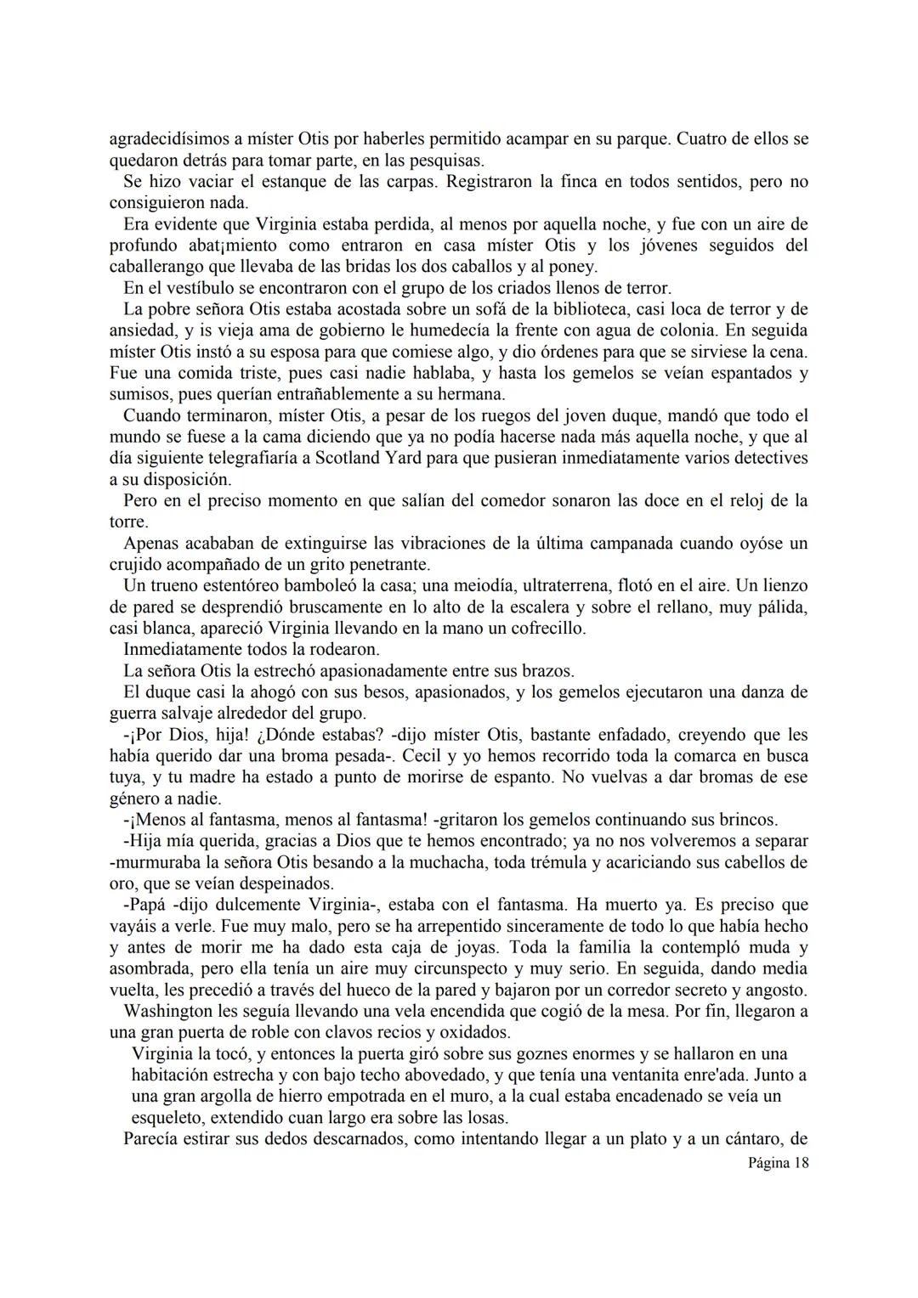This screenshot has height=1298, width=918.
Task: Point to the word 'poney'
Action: click(x=571, y=267)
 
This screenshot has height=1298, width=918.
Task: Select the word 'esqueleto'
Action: click(x=167, y=1117)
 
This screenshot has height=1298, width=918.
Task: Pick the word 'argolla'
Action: click(x=218, y=1096)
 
